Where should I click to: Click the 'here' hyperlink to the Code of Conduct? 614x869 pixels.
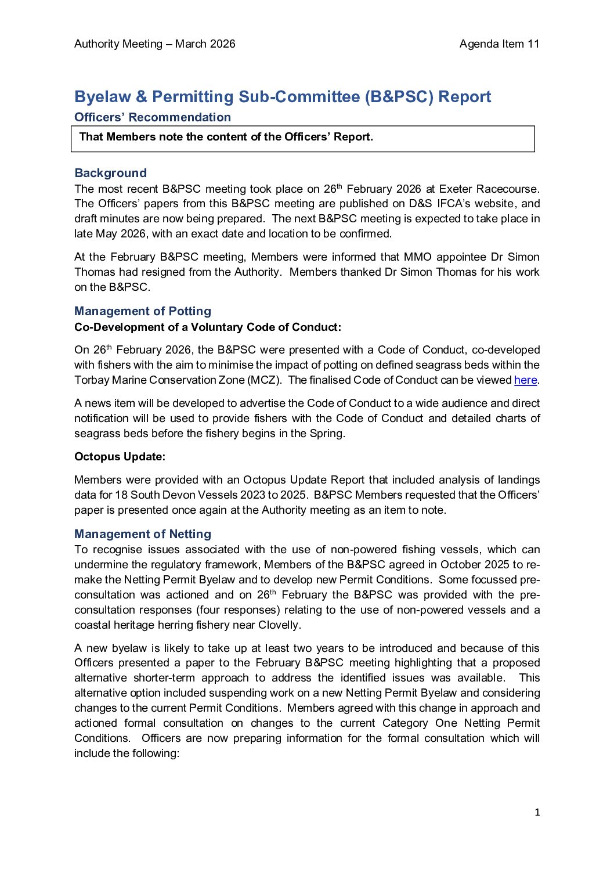525,380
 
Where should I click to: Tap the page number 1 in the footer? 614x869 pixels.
537,812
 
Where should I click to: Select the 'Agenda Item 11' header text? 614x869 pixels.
499,44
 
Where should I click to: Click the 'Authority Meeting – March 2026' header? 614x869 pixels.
155,44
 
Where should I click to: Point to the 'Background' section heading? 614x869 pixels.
111,173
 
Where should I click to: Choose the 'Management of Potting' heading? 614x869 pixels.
143,311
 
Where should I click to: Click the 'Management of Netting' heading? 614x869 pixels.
143,534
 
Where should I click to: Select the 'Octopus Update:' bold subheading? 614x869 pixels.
120,457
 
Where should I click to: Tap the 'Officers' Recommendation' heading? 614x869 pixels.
153,117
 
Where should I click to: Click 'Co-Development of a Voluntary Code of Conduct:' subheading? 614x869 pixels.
208,327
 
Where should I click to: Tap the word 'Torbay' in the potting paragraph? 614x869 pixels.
91,380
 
